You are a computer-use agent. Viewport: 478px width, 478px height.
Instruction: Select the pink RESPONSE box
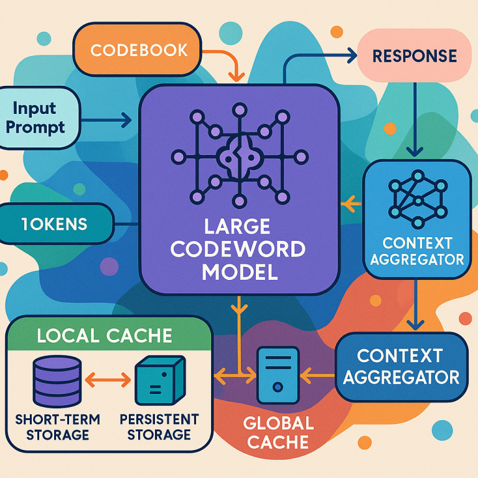413,56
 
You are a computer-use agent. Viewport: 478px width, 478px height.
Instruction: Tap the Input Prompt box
39,118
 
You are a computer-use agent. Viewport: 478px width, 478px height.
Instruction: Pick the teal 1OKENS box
55,223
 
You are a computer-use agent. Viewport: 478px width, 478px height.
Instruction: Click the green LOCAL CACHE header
104,335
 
